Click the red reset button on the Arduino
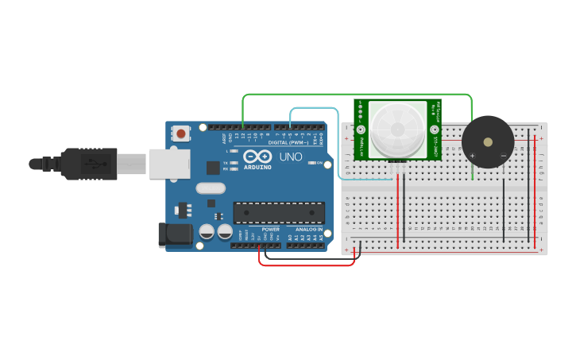pyautogui.click(x=182, y=134)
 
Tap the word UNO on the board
pyautogui.click(x=291, y=157)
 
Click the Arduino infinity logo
pyautogui.click(x=257, y=156)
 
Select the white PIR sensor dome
pyautogui.click(x=397, y=128)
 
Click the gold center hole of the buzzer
pyautogui.click(x=487, y=142)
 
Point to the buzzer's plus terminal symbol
pyautogui.click(x=473, y=156)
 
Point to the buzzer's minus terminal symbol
pyautogui.click(x=503, y=156)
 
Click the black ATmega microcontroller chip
pyautogui.click(x=279, y=213)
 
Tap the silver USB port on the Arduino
pyautogui.click(x=170, y=163)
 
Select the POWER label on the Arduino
pyautogui.click(x=271, y=229)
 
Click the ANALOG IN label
pyautogui.click(x=309, y=229)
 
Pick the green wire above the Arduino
pyautogui.click(x=358, y=95)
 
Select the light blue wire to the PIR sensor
pyautogui.click(x=318, y=107)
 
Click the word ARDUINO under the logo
pyautogui.click(x=257, y=167)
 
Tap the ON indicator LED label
pyautogui.click(x=319, y=163)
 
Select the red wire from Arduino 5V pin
pyautogui.click(x=306, y=265)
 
